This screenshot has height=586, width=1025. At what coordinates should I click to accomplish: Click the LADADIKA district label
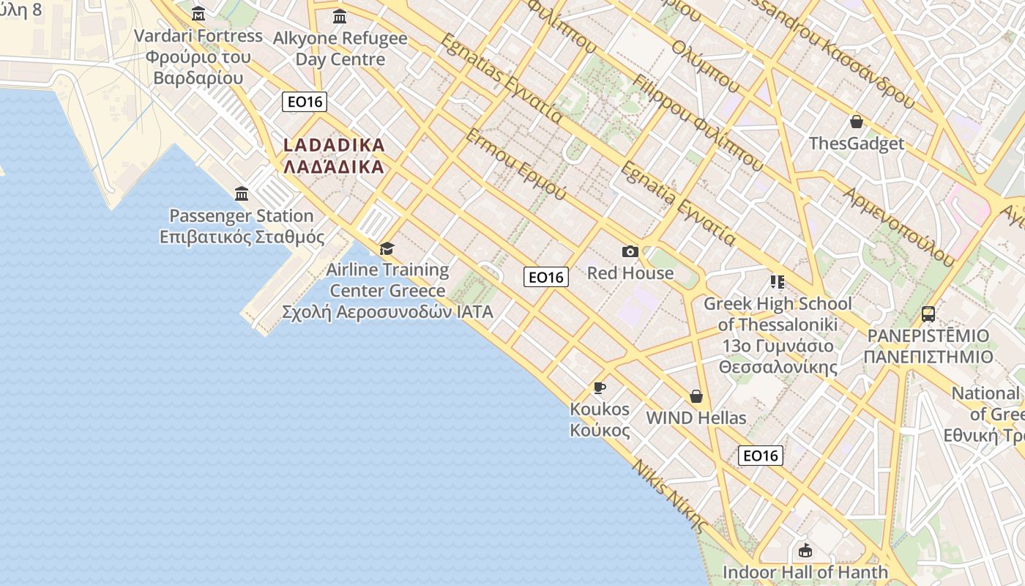point(334,155)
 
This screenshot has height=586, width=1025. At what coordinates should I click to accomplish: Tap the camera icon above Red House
point(630,252)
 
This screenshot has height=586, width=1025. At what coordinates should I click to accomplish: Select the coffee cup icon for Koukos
point(600,387)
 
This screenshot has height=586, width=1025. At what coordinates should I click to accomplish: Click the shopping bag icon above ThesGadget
point(856,122)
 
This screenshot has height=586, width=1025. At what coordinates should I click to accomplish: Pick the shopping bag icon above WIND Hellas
point(696,396)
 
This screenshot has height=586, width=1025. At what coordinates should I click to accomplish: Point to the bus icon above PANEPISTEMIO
point(928,314)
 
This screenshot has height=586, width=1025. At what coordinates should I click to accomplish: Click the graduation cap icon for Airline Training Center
point(387,249)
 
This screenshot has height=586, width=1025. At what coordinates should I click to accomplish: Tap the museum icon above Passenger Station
point(242,194)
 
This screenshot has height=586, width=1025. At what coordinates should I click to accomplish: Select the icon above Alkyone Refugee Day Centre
point(340,16)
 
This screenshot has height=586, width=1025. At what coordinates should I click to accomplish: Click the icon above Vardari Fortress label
point(198,14)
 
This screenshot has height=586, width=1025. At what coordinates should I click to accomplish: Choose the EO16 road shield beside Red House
point(546,277)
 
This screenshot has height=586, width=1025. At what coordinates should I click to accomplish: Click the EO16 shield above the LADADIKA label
point(305,102)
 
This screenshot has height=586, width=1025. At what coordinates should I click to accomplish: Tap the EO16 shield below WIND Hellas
point(760,456)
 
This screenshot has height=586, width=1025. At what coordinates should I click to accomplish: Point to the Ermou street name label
point(516,166)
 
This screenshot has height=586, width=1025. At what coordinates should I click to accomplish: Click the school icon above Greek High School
point(777,282)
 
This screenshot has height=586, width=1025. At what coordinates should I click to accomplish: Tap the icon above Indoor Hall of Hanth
point(805,550)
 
